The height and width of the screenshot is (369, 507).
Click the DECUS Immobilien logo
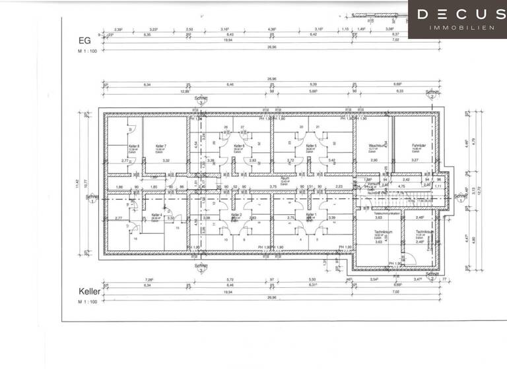click(x=457, y=19)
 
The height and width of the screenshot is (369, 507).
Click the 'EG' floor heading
click(x=83, y=40)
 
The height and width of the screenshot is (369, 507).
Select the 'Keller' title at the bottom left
click(x=88, y=291)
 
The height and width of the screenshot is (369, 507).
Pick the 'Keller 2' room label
click(x=236, y=215)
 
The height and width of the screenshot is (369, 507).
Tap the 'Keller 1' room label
click(x=311, y=215)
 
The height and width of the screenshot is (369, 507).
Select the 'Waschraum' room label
click(x=376, y=146)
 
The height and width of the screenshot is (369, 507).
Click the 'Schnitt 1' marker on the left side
click(x=92, y=198)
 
